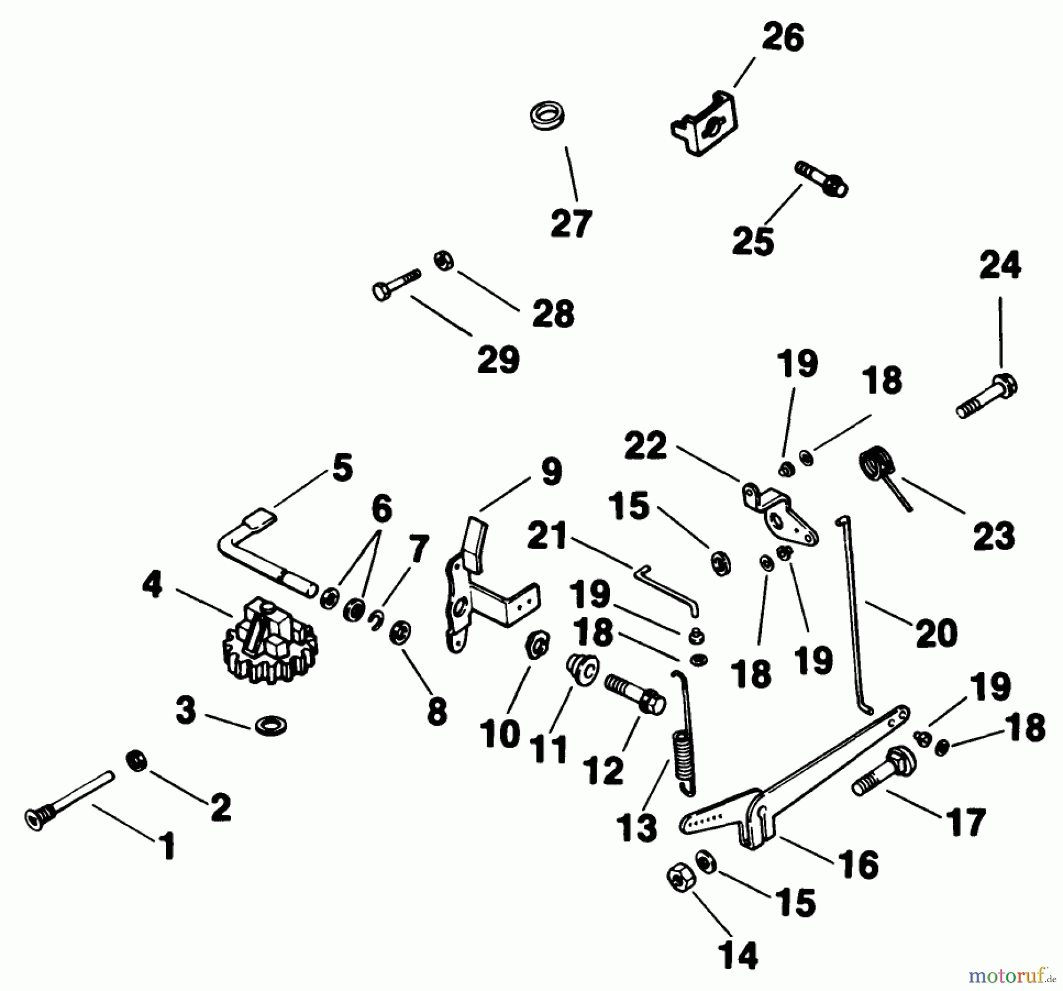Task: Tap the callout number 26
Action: pos(782,38)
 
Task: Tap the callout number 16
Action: pos(859,865)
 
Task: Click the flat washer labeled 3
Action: pos(271,725)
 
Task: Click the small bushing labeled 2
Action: pos(137,760)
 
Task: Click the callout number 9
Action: pos(550,472)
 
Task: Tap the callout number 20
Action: pos(937,633)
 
